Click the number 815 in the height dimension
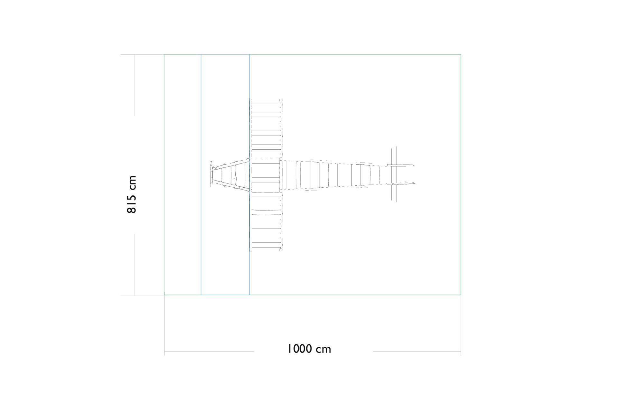pyautogui.click(x=132, y=203)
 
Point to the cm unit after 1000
pyautogui.click(x=323, y=350)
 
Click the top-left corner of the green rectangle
pyautogui.click(x=164, y=55)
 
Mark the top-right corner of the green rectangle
pyautogui.click(x=461, y=55)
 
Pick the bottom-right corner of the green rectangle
pyautogui.click(x=461, y=295)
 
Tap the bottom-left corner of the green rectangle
pyautogui.click(x=164, y=295)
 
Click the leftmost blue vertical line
pyautogui.click(x=201, y=174)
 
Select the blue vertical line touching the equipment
pyautogui.click(x=249, y=174)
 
